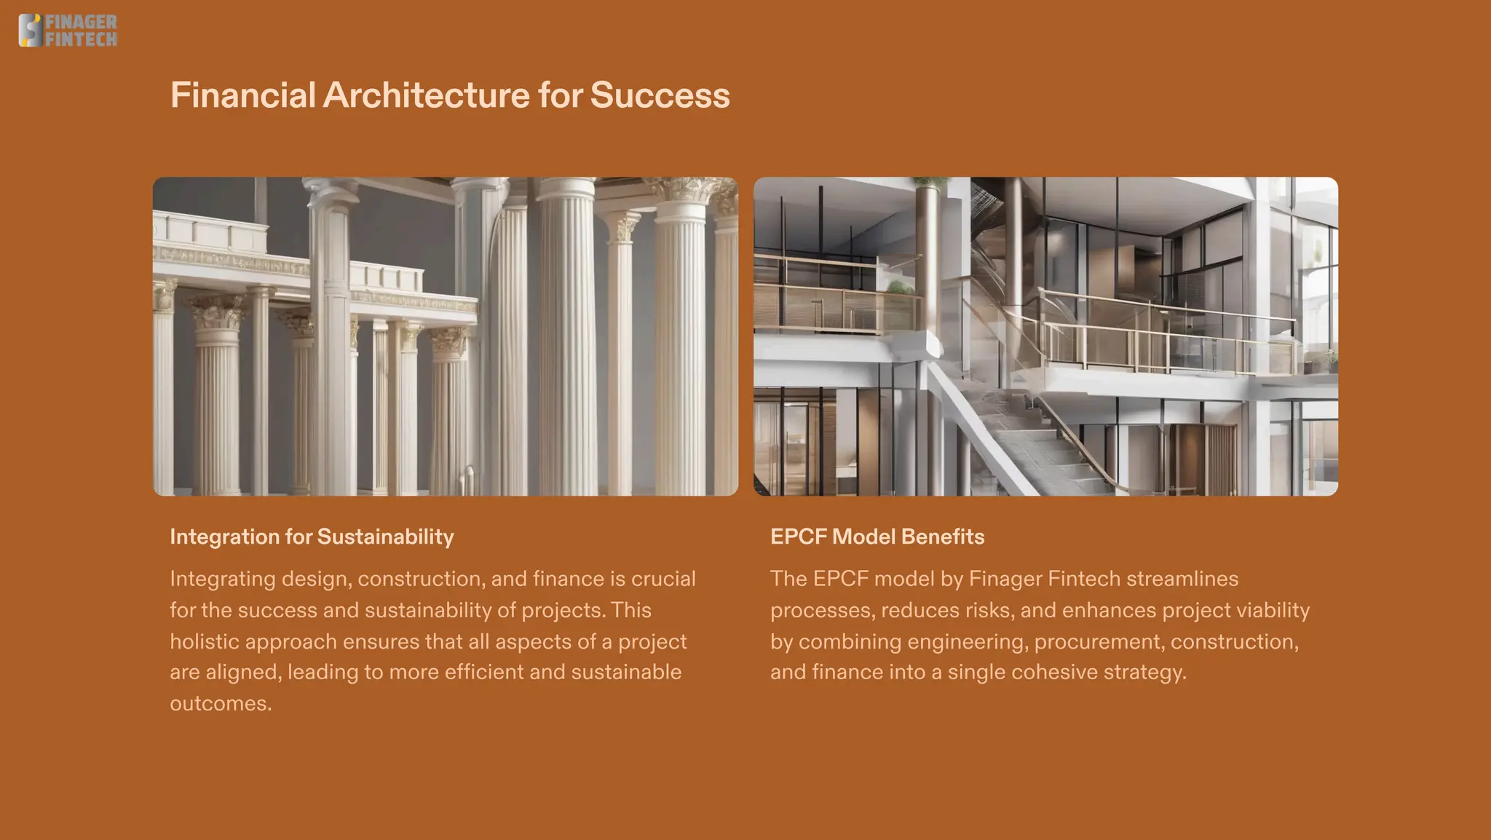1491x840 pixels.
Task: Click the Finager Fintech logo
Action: pos(68,31)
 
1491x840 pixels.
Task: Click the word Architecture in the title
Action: pos(426,95)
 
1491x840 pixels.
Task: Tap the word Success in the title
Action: pos(660,95)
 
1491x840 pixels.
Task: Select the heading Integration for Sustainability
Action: pos(312,537)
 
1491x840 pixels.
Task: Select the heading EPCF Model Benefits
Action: pos(877,537)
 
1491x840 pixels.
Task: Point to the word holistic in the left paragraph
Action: pos(205,641)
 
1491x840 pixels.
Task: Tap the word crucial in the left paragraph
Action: pos(663,579)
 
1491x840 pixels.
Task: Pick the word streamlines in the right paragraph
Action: pos(1182,579)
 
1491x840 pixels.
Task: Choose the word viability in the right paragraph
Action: pos(1272,610)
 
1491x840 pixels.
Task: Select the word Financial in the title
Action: pos(242,95)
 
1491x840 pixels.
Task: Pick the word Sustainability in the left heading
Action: pos(385,537)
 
